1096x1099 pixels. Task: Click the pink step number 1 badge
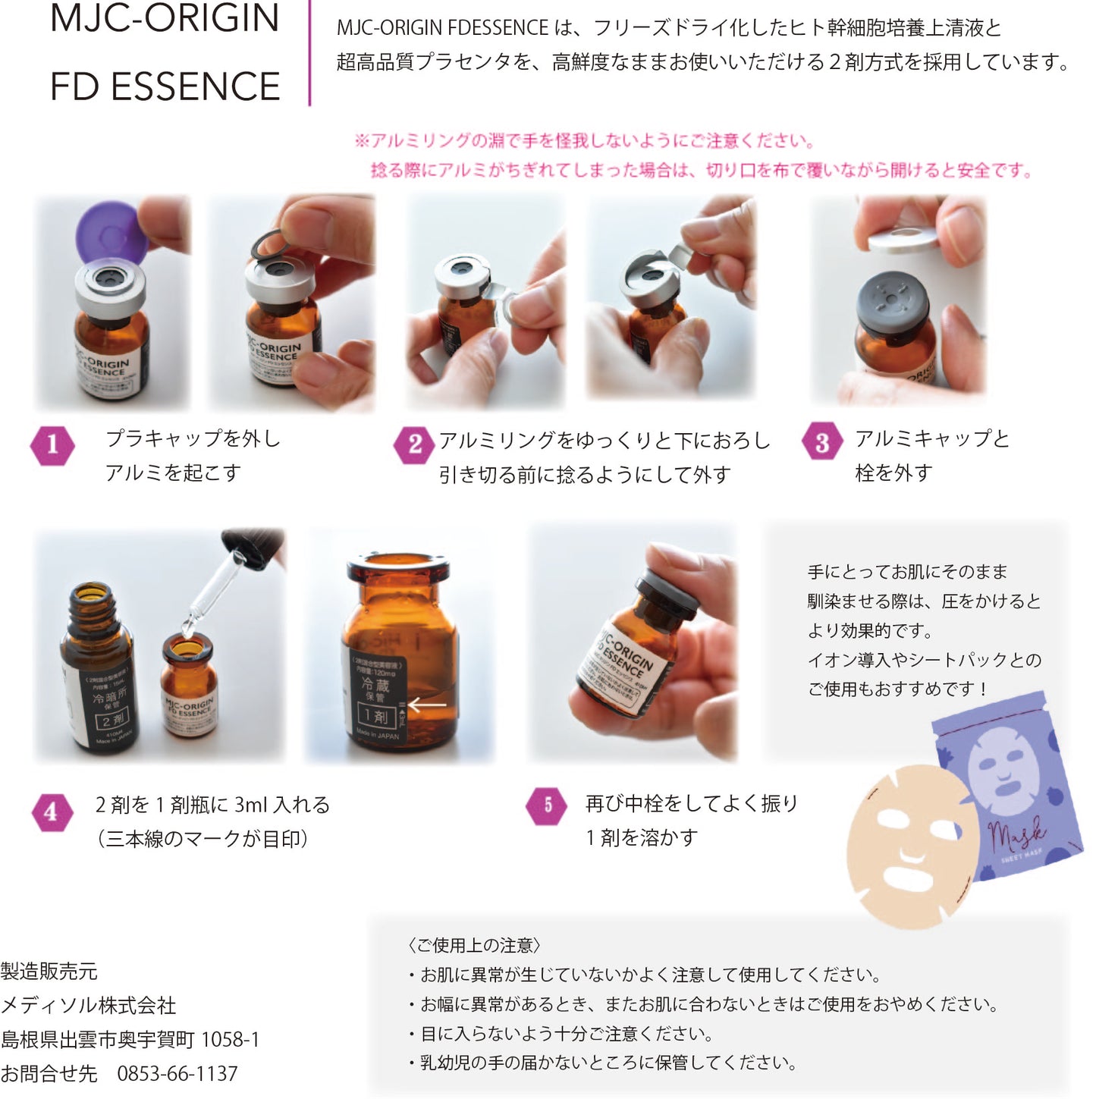52,444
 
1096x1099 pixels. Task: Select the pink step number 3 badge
822,442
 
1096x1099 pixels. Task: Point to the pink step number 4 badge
51,812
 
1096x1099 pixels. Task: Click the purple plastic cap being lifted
111,231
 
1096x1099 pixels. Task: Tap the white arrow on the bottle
428,705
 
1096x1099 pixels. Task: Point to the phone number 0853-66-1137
177,1074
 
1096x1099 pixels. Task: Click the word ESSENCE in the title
196,86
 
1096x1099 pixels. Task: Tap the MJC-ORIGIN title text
165,18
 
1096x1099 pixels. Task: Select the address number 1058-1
231,1040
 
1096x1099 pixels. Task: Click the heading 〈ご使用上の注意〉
474,945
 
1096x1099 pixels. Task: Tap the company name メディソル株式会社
89,1006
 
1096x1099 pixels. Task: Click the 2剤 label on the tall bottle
111,718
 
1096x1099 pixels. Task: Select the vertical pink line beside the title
309,53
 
